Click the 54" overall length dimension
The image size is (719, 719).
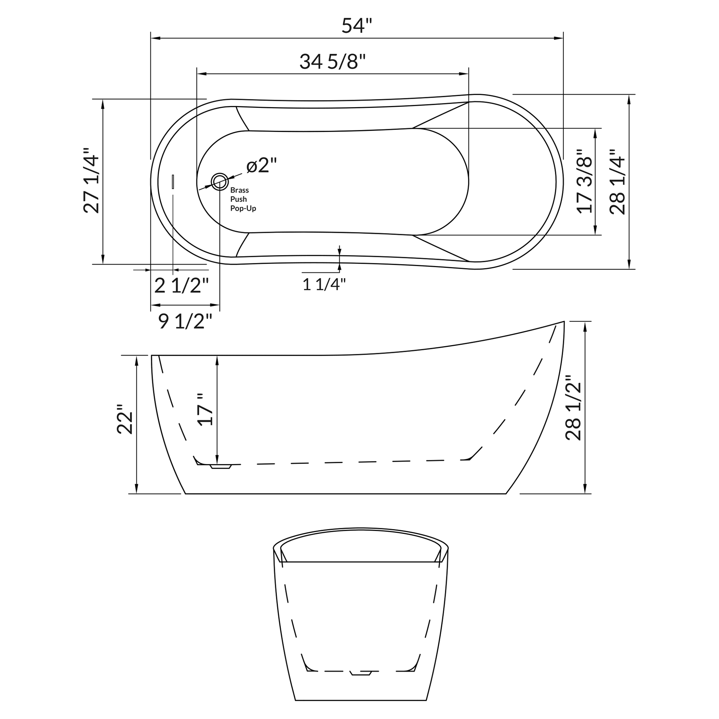click(357, 26)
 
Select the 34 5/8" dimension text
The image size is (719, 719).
click(333, 62)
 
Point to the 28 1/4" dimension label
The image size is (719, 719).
click(617, 182)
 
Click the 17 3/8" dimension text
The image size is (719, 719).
click(584, 182)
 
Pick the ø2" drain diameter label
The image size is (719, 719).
click(262, 166)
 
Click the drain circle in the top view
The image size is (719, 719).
click(219, 182)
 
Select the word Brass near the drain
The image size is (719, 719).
click(239, 190)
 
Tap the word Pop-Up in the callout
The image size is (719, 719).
click(243, 208)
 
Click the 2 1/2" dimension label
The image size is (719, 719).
click(181, 286)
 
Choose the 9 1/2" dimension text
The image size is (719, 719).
click(185, 321)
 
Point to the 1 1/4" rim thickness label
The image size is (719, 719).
click(324, 285)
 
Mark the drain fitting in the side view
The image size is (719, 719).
click(221, 466)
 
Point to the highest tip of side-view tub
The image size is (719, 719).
click(563, 321)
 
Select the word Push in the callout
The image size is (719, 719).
click(238, 200)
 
